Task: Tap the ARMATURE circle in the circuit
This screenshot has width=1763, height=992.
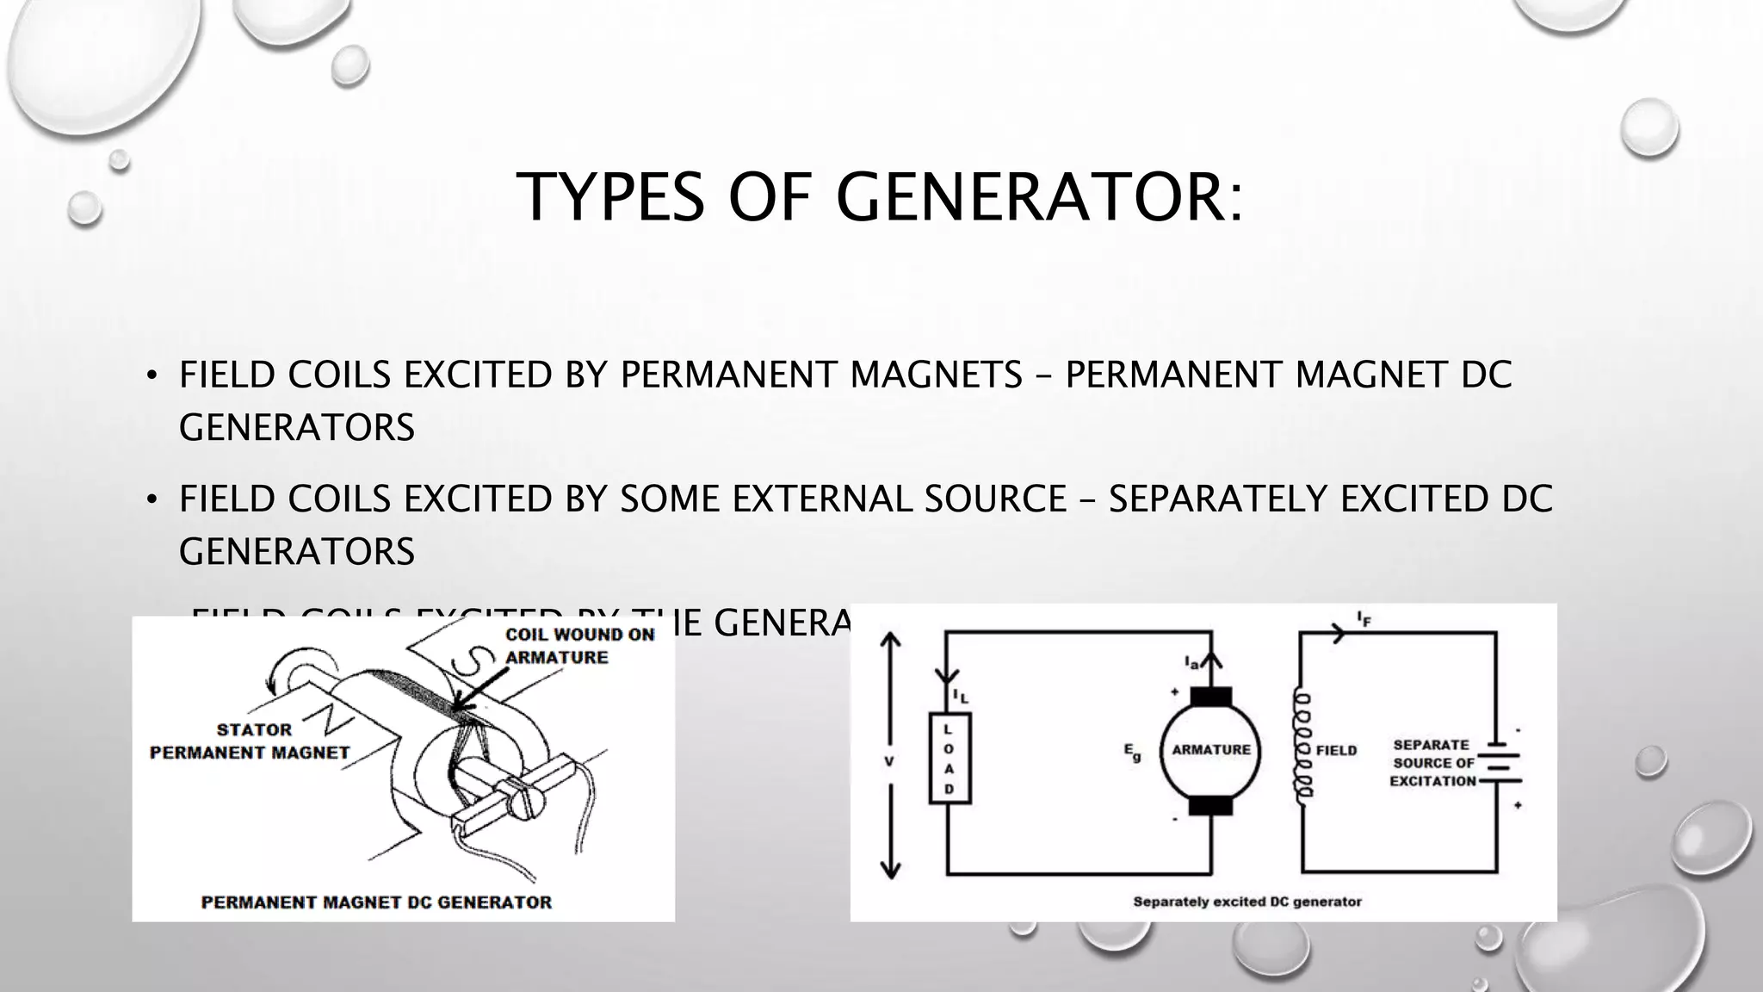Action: tap(1210, 750)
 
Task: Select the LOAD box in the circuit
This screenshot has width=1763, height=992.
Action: tap(950, 759)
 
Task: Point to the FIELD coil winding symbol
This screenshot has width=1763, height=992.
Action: tap(1302, 746)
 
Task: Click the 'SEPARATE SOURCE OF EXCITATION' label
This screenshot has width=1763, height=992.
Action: tap(1433, 763)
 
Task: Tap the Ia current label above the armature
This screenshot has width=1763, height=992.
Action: tap(1191, 663)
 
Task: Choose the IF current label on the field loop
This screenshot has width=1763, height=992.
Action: tap(1364, 617)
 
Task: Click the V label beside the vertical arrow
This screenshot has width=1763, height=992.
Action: tap(889, 761)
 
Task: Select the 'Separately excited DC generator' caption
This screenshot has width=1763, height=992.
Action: tap(1247, 902)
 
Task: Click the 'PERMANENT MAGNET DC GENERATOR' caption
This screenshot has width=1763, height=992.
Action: tap(376, 902)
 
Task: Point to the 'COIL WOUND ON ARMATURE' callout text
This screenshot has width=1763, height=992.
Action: tap(578, 646)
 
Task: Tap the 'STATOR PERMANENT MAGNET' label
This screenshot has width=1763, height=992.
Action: tap(250, 741)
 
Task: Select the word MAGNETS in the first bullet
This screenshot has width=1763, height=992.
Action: tap(936, 375)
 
